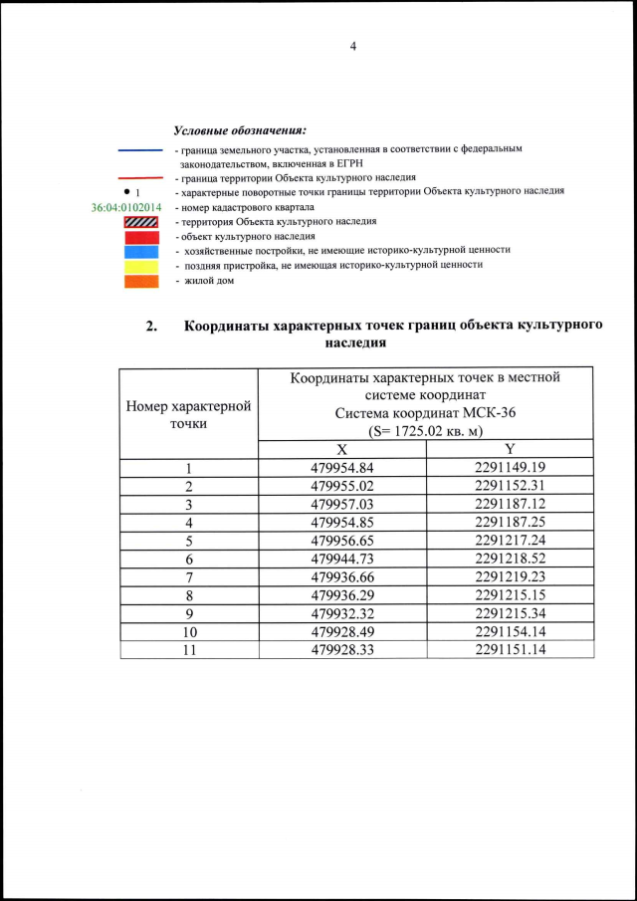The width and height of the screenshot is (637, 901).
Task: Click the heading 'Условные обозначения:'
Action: point(239,130)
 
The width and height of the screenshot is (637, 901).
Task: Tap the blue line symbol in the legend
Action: point(140,149)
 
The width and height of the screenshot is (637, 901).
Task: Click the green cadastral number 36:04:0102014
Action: point(125,207)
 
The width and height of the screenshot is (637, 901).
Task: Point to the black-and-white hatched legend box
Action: point(140,222)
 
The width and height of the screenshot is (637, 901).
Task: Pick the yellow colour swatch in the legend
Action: point(140,267)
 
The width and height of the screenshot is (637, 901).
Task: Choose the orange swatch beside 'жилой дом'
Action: point(140,282)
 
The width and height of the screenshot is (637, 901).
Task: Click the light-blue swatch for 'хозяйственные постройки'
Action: point(140,252)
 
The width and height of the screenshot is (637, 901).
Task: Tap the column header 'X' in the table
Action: point(341,449)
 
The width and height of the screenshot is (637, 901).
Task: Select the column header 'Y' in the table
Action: point(510,449)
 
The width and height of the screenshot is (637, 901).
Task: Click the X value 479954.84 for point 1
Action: point(341,467)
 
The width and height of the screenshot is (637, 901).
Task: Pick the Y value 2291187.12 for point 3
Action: point(510,504)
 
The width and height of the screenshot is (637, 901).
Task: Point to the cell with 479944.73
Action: point(341,559)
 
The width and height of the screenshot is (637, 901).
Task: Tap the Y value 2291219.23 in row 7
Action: point(510,576)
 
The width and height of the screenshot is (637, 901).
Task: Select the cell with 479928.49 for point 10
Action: point(341,631)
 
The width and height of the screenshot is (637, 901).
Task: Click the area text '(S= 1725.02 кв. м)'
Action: point(425,430)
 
